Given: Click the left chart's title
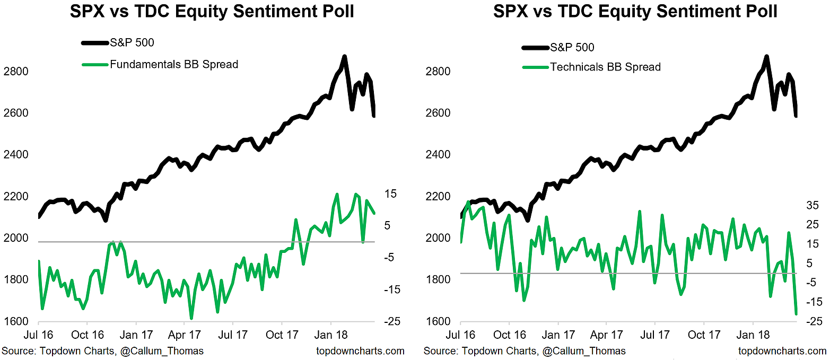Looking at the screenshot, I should [212, 12].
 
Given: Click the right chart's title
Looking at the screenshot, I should [635, 12].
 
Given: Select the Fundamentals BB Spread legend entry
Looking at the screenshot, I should [174, 65].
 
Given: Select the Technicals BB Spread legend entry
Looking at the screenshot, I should [605, 67].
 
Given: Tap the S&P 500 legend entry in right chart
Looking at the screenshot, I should [572, 47].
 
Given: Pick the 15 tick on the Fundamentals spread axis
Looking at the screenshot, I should [390, 194].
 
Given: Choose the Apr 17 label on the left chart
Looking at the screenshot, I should [184, 335].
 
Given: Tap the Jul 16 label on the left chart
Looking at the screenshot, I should [38, 335].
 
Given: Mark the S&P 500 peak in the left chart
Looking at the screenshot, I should [344, 57].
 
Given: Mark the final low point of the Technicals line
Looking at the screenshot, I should [797, 314].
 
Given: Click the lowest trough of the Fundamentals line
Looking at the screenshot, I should [191, 318].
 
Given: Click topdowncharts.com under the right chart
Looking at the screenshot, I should [783, 351].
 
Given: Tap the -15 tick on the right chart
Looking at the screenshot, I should [812, 302].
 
